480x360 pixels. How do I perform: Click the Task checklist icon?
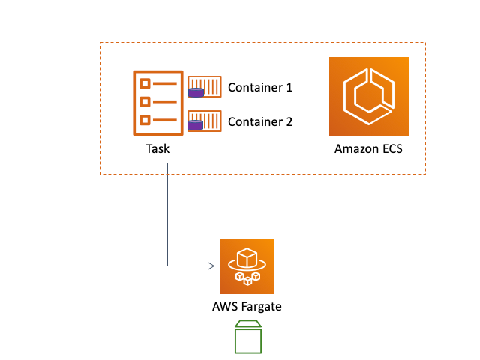click(x=157, y=101)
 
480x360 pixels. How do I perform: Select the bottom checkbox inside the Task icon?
click(x=145, y=119)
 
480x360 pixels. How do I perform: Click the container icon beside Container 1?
click(x=205, y=86)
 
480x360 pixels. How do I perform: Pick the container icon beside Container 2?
click(x=205, y=121)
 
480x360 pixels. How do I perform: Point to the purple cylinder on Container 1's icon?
click(x=196, y=93)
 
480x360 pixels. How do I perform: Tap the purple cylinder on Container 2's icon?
click(x=196, y=126)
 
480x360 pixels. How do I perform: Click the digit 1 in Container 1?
click(x=289, y=87)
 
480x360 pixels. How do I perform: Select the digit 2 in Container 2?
click(x=289, y=121)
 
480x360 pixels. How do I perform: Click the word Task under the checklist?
click(x=157, y=148)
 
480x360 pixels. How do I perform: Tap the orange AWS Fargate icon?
click(x=247, y=266)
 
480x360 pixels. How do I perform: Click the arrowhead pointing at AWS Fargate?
click(x=212, y=266)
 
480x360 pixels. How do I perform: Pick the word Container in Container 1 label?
click(x=254, y=87)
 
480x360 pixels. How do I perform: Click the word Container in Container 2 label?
click(x=254, y=121)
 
